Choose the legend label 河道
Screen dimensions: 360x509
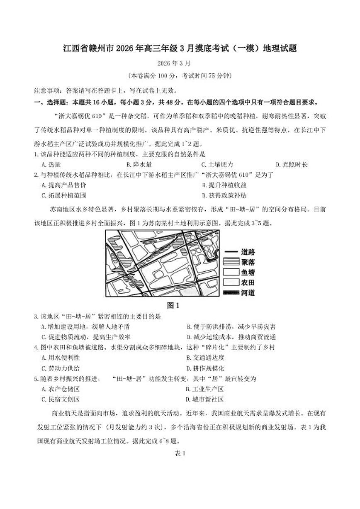(248, 293)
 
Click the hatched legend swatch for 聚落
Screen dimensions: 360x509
(231, 262)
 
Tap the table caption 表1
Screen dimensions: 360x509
(180, 453)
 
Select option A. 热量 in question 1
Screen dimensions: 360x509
(51, 165)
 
